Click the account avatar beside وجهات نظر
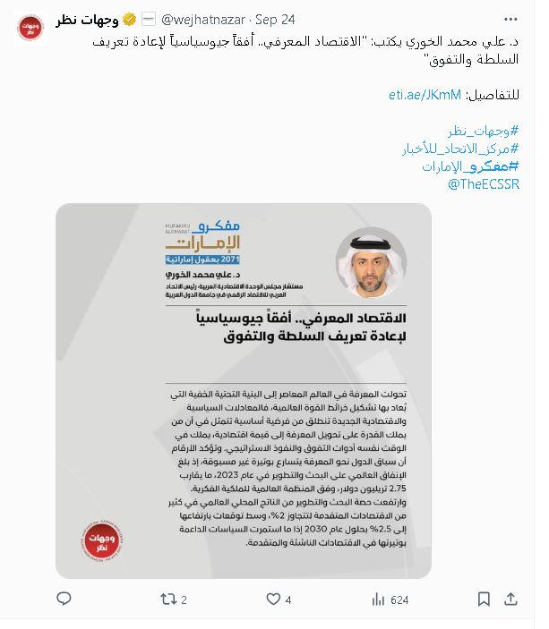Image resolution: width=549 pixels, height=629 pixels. (32, 26)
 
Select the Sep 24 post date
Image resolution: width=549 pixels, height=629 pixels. (275, 19)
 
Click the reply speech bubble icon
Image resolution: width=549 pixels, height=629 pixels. (64, 599)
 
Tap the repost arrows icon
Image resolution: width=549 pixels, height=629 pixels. (167, 599)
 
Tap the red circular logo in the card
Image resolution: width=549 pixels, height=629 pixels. (107, 539)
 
